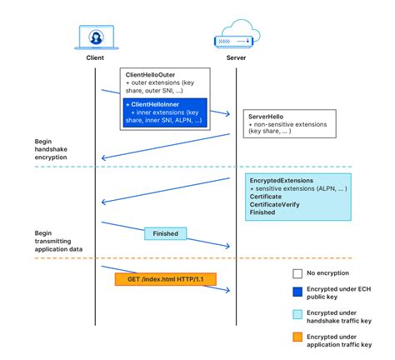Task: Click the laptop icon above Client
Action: (95, 37)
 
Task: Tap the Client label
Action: (95, 59)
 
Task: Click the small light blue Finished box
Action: (167, 234)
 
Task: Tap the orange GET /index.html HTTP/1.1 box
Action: (165, 279)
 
